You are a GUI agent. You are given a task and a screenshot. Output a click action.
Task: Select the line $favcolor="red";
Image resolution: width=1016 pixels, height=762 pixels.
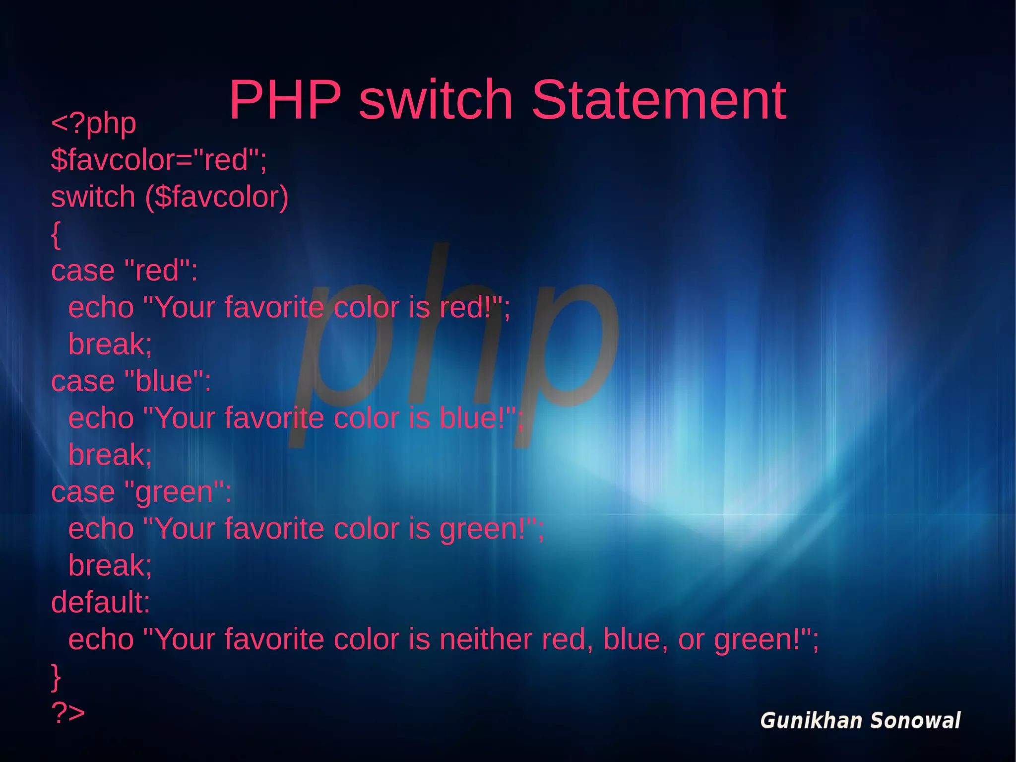(x=159, y=160)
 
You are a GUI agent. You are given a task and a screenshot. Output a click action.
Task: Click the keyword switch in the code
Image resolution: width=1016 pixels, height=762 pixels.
(x=93, y=197)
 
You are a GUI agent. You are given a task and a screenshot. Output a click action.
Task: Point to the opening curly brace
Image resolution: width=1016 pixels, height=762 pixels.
(x=56, y=234)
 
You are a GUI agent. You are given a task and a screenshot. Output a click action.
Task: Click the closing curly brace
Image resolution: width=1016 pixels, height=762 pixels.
(x=56, y=677)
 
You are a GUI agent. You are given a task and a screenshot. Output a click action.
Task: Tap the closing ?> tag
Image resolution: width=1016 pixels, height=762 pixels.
(x=68, y=713)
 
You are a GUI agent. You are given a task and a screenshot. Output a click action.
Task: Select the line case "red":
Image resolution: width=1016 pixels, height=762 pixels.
(x=124, y=271)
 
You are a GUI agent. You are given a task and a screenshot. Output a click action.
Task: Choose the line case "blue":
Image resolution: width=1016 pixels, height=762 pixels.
(x=131, y=382)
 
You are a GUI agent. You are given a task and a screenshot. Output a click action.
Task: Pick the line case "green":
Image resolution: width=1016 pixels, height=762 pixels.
(x=141, y=492)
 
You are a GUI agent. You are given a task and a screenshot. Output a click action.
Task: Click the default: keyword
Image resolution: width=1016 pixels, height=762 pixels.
(x=101, y=603)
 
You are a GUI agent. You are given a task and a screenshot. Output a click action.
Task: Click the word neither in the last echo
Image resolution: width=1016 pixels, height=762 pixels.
(x=485, y=639)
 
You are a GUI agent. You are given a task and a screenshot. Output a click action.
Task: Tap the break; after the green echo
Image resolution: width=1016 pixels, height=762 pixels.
(x=110, y=566)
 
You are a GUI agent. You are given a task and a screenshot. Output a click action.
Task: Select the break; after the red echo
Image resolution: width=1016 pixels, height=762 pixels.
(x=110, y=345)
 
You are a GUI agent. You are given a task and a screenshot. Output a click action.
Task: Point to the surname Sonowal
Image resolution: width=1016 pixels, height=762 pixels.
(x=916, y=721)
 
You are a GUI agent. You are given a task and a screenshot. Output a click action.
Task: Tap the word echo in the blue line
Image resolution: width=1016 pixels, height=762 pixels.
(x=101, y=418)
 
